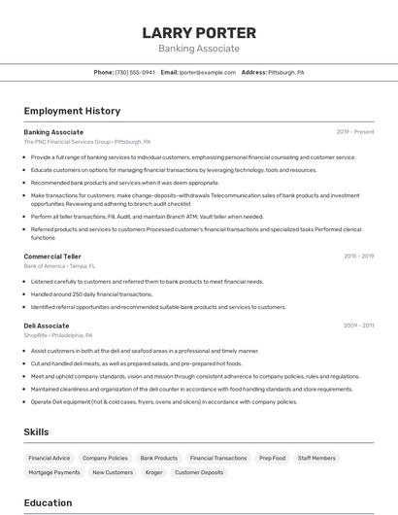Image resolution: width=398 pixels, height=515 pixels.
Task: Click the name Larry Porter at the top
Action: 199,32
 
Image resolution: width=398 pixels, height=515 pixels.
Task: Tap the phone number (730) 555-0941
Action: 135,72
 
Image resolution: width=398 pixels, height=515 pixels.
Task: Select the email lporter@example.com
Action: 207,72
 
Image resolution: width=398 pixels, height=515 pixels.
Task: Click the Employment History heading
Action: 72,111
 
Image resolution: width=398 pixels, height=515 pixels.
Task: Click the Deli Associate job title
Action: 47,326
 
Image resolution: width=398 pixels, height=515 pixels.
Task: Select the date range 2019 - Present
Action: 355,131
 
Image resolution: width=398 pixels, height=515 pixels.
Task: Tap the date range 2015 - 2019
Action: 358,256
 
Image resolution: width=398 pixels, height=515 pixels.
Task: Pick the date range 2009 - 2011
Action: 358,326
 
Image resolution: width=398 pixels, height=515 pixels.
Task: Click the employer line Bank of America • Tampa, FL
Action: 59,265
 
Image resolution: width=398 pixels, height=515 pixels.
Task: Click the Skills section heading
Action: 37,431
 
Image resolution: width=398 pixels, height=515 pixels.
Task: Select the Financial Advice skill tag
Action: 50,458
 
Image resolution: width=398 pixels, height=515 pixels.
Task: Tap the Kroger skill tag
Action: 154,472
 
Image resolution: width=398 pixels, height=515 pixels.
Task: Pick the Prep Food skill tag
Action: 272,458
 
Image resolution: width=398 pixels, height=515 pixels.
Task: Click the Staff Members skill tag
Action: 316,458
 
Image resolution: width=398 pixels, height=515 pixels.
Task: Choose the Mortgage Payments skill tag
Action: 54,472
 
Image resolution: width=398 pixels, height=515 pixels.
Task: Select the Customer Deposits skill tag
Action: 198,472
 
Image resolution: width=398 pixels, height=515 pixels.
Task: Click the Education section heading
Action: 48,502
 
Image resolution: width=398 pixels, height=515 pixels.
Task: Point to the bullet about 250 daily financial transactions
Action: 91,293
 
